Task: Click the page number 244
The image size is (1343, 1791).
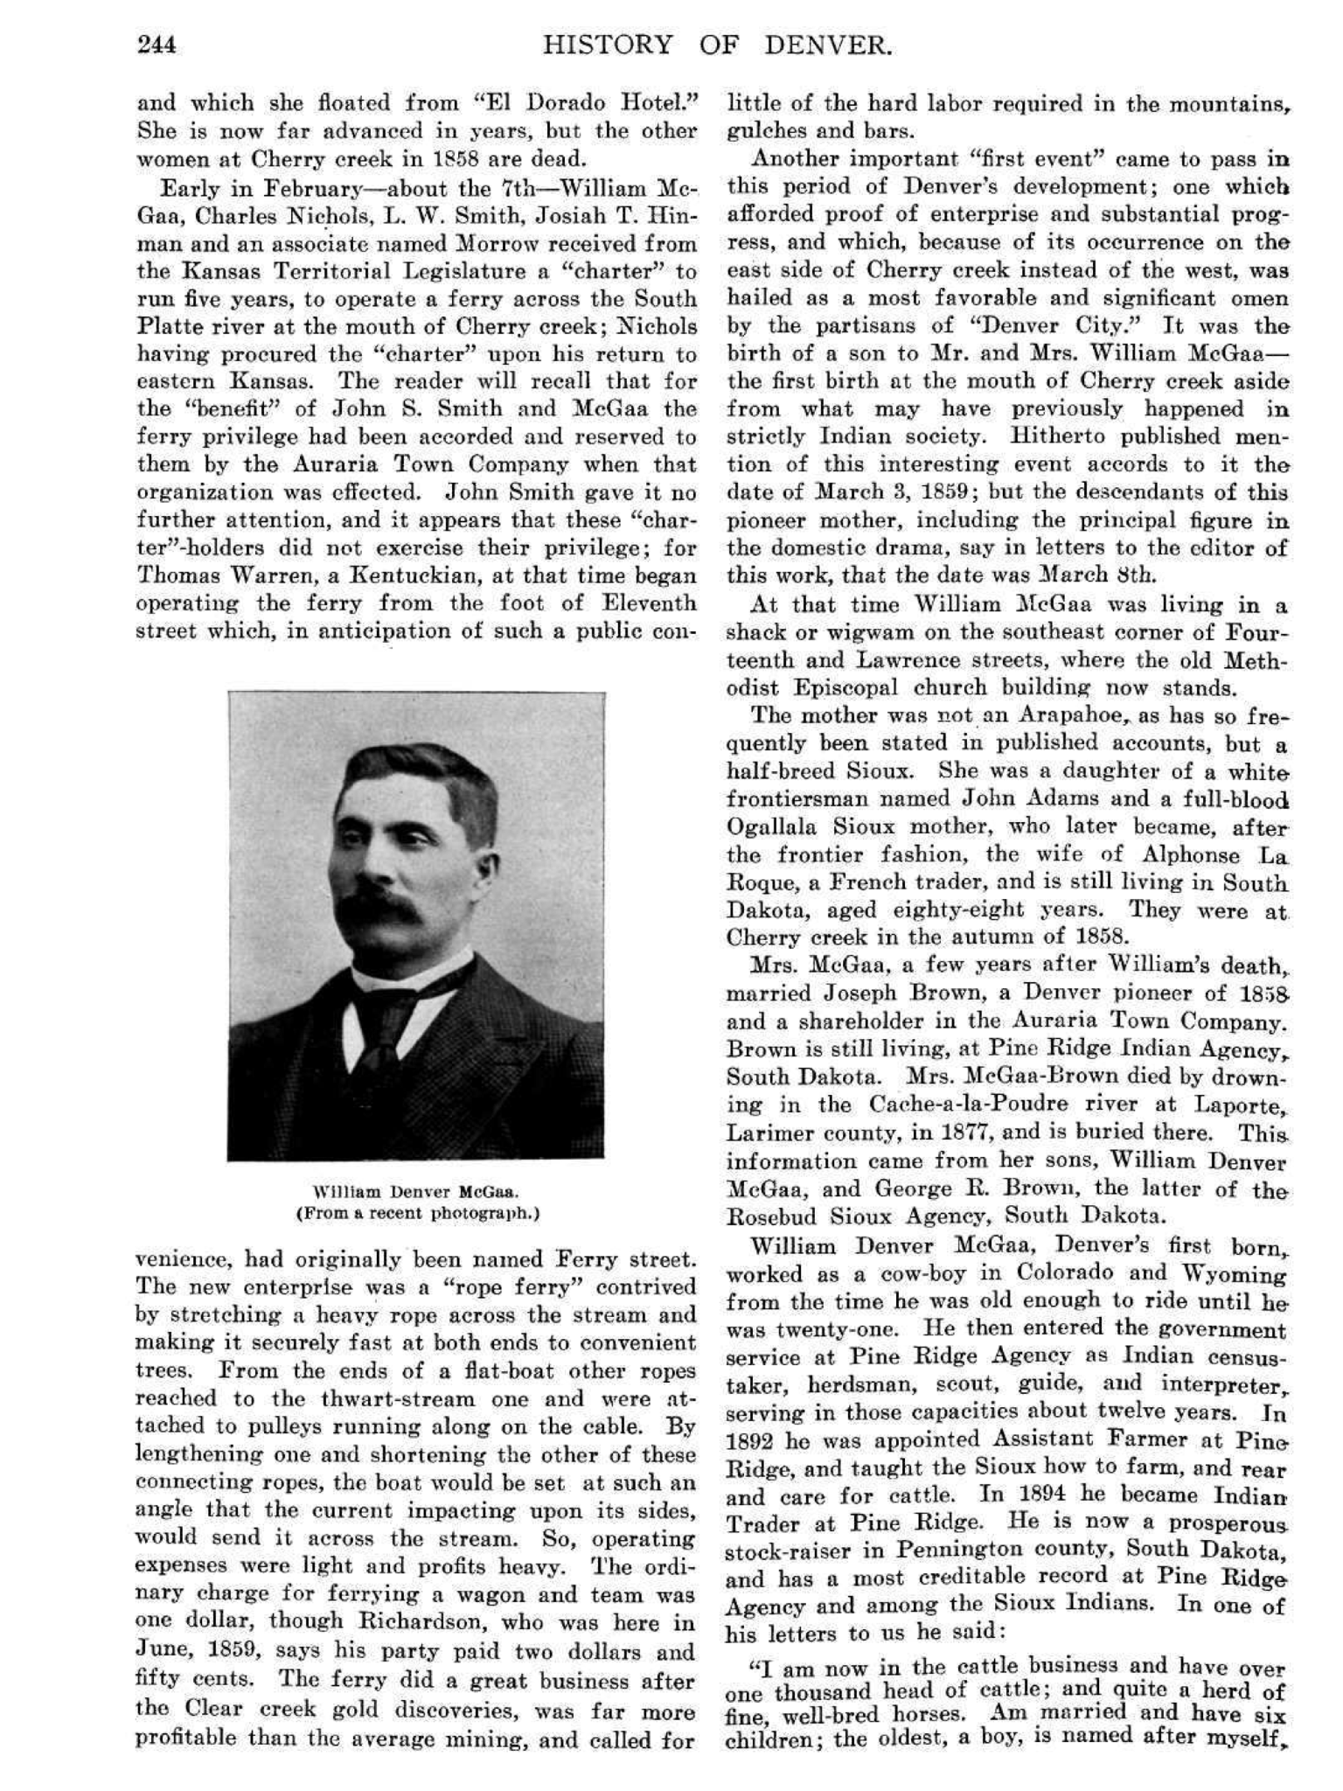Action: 157,45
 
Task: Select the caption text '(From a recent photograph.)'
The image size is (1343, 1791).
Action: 417,1213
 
